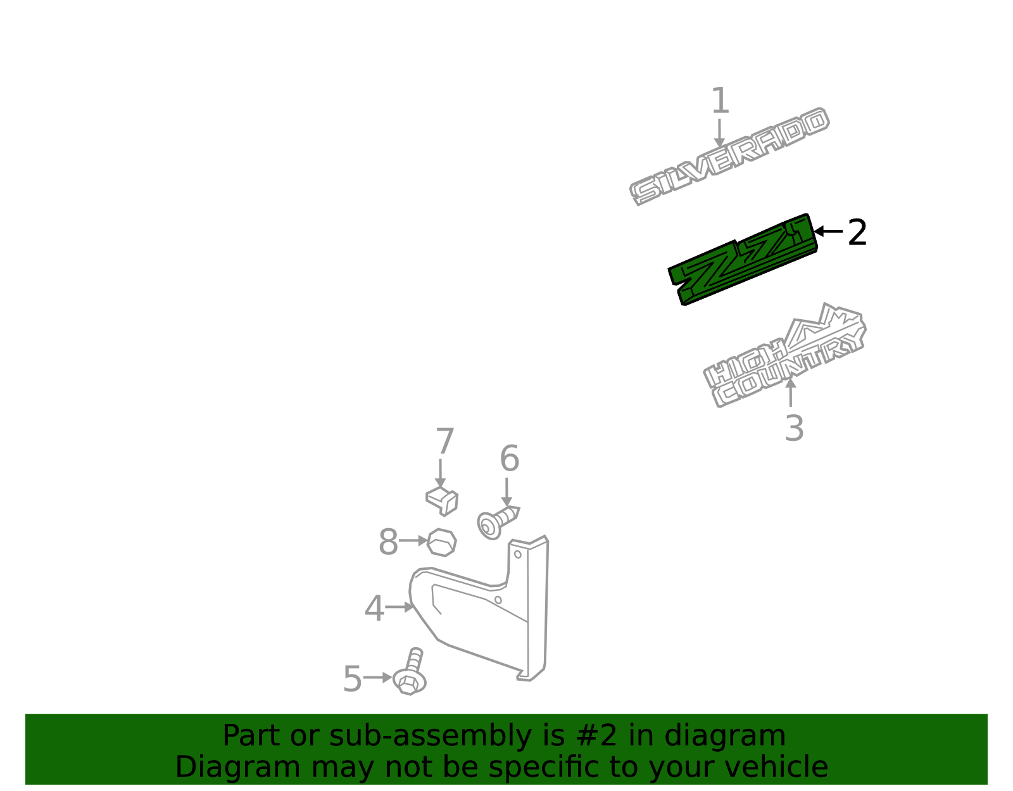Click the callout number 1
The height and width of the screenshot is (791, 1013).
pyautogui.click(x=720, y=100)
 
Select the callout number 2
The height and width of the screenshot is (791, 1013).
pyautogui.click(x=857, y=232)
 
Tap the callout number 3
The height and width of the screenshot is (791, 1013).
pyautogui.click(x=795, y=428)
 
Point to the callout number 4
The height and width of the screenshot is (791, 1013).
pyautogui.click(x=374, y=608)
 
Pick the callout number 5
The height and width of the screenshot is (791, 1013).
pyautogui.click(x=353, y=679)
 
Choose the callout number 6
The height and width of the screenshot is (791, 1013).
pyautogui.click(x=510, y=458)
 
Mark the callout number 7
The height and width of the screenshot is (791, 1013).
pyautogui.click(x=444, y=441)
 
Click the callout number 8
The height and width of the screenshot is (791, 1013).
pyautogui.click(x=388, y=541)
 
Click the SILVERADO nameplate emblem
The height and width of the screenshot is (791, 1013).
pyautogui.click(x=729, y=156)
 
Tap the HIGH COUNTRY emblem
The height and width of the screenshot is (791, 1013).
pyautogui.click(x=785, y=356)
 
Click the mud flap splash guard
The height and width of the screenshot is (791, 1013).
pyautogui.click(x=480, y=610)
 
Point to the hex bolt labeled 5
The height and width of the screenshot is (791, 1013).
pyautogui.click(x=410, y=673)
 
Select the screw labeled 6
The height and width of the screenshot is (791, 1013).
pyautogui.click(x=498, y=522)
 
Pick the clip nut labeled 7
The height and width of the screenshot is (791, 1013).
pyautogui.click(x=442, y=501)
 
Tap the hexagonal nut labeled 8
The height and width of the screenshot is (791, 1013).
pyautogui.click(x=441, y=543)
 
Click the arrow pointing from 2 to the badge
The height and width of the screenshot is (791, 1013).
pyautogui.click(x=828, y=231)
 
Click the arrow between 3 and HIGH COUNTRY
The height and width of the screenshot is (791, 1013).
pyautogui.click(x=791, y=393)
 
